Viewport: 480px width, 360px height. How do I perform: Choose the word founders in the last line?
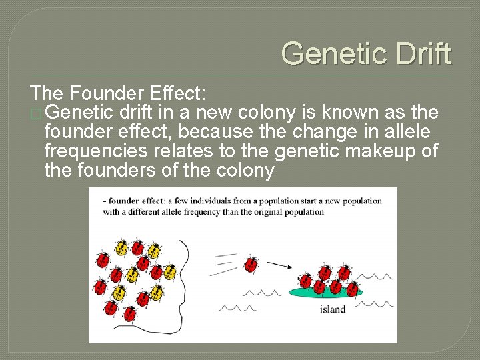[x=111, y=171]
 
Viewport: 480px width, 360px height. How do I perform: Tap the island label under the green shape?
[x=333, y=309]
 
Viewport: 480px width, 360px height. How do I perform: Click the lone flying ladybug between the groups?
[x=251, y=265]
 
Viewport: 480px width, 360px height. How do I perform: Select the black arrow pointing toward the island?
[x=283, y=266]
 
